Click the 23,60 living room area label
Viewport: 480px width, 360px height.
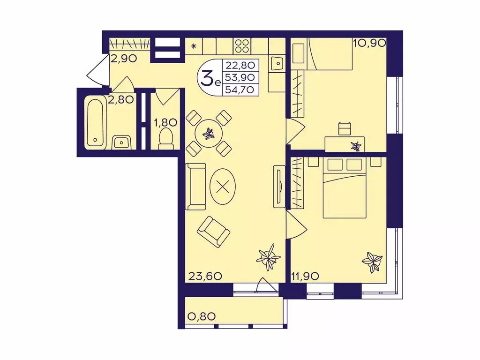205,277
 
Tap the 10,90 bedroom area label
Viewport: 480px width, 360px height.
369,43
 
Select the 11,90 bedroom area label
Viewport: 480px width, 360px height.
305,277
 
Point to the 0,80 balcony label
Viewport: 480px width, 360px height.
201,316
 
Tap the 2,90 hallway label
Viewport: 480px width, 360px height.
123,58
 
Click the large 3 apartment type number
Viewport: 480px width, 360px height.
207,77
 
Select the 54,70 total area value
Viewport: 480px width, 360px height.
240,90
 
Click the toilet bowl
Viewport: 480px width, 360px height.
165,139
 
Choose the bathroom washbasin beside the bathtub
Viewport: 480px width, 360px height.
122,142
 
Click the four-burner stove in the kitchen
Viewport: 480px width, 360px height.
242,46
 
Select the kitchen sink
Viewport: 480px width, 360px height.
277,64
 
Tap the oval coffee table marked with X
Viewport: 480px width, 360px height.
223,187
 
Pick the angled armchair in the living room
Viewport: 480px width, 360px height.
213,232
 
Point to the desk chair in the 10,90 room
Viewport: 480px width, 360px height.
345,128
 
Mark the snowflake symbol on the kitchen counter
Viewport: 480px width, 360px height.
194,46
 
